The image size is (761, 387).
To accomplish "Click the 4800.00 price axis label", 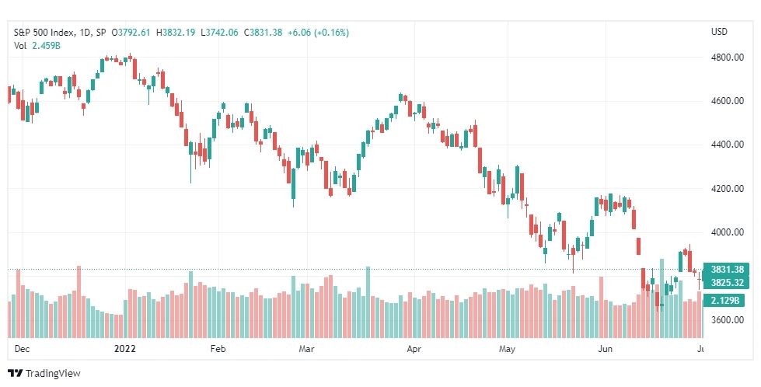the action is click(x=726, y=58).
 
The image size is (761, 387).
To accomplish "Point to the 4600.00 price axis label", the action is click(x=726, y=101).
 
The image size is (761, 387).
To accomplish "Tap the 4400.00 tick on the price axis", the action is click(x=726, y=145).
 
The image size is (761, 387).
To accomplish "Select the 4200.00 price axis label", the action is click(x=726, y=188).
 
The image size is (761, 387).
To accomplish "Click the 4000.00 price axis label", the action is click(x=726, y=232).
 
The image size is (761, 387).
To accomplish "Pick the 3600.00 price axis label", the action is click(x=726, y=319).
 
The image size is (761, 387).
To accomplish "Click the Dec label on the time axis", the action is click(x=22, y=349).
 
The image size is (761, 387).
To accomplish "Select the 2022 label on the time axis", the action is click(x=124, y=349).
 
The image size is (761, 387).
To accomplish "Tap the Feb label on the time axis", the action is click(x=218, y=349).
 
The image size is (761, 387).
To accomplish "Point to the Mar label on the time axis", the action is click(x=307, y=349).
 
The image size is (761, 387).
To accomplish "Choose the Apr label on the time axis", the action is click(x=414, y=349).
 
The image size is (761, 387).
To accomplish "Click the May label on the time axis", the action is click(x=508, y=349).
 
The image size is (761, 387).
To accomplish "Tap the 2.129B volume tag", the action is click(x=723, y=301).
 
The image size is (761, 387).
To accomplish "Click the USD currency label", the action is click(x=719, y=32).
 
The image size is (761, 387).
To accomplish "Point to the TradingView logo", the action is click(x=44, y=374).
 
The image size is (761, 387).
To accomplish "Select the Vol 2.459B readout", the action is click(x=37, y=46).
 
